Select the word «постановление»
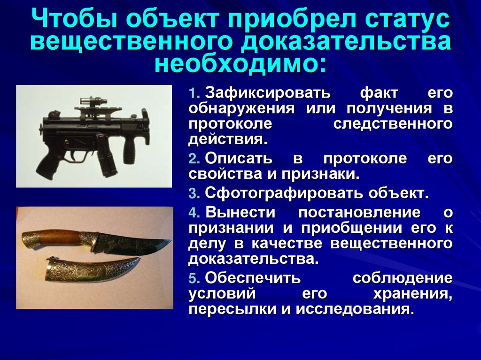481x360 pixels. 359,212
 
